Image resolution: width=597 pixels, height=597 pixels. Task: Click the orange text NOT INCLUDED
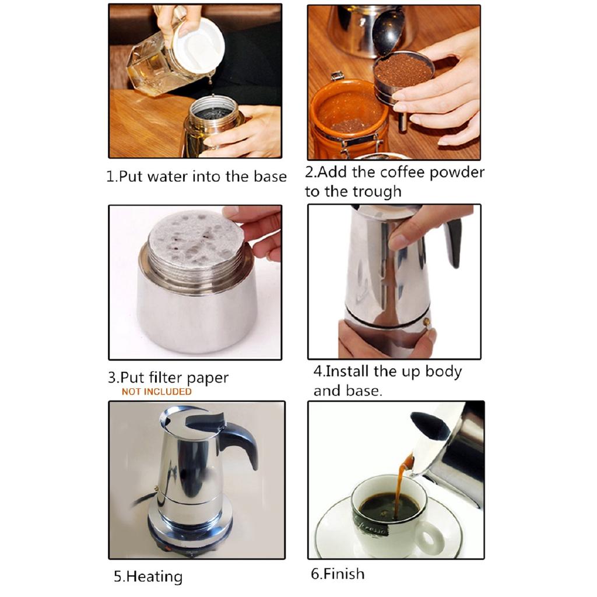[x=156, y=392]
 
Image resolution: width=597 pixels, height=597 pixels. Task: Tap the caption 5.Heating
[x=148, y=577]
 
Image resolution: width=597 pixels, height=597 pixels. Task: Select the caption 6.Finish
[x=338, y=574]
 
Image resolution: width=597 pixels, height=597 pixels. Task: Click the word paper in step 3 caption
[x=203, y=378]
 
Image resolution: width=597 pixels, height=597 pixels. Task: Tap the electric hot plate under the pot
[x=192, y=528]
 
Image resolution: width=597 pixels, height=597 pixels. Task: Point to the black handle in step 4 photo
[x=453, y=239]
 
